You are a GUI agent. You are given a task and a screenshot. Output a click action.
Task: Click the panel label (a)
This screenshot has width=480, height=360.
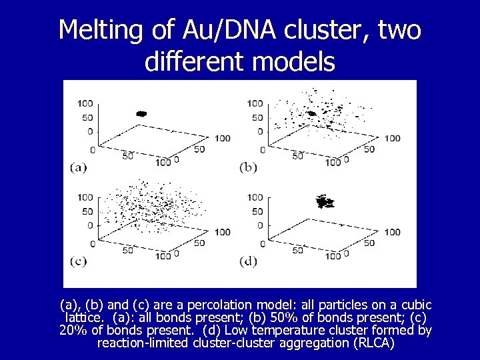[79, 167]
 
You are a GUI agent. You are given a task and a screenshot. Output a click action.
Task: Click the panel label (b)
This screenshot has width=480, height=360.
[248, 167]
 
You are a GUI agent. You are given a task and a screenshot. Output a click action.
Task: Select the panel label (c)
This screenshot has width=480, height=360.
[79, 261]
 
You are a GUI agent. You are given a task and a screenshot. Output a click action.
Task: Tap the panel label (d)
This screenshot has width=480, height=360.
[248, 261]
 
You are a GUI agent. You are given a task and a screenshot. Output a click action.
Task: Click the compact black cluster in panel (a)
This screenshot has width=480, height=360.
[141, 114]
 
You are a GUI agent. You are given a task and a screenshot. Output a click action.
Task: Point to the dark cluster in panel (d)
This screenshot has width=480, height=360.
[325, 201]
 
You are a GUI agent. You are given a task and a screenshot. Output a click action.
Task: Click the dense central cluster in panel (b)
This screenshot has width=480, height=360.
[311, 114]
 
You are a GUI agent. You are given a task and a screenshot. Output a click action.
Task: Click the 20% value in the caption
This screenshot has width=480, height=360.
[73, 330]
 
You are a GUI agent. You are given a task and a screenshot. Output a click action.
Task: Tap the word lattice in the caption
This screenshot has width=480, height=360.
[84, 317]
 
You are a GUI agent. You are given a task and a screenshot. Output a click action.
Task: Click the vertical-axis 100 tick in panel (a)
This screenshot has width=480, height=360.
[85, 103]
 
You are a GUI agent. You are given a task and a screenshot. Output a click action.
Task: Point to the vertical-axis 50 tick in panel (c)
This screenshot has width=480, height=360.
[87, 211]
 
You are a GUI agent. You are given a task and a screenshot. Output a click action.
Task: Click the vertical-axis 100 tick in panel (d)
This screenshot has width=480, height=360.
[255, 197]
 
